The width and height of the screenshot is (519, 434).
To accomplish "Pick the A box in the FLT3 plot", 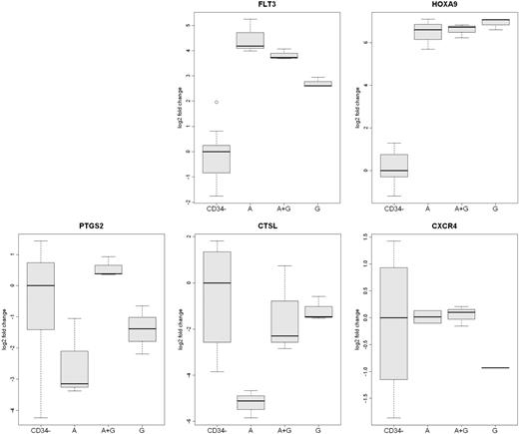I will coord(250,40).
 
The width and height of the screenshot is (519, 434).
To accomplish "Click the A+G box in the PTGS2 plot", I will coord(109,268).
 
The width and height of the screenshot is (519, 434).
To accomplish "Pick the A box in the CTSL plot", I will coord(250,402).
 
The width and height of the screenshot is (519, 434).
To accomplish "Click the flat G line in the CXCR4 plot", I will coord(490,368).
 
